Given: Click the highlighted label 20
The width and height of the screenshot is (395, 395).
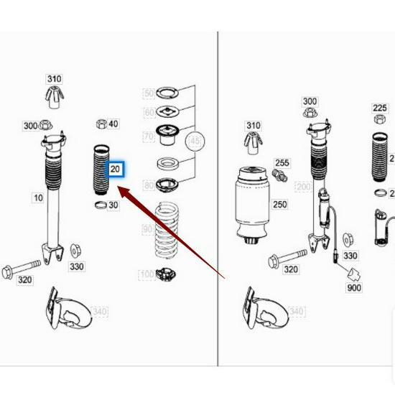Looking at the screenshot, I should click(x=116, y=170).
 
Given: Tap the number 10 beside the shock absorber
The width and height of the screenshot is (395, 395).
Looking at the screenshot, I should click(x=37, y=197).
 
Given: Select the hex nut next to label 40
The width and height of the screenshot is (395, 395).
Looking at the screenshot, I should click(x=101, y=124).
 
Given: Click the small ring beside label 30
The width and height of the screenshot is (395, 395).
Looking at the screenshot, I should click(x=100, y=206).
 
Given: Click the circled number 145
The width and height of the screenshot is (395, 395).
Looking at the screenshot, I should click(x=195, y=141).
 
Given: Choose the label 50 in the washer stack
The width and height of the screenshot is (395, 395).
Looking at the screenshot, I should click(x=149, y=94).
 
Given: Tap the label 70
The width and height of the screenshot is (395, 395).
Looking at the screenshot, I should click(x=149, y=136).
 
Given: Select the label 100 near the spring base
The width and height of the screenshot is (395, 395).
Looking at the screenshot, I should click(x=147, y=274).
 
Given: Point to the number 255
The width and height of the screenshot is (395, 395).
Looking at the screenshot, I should click(x=282, y=163).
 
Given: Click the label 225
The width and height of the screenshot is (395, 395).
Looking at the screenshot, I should click(x=380, y=108).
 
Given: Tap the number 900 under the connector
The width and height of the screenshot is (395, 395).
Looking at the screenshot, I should click(x=354, y=288).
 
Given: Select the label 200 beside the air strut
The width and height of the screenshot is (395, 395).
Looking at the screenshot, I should click(x=302, y=187).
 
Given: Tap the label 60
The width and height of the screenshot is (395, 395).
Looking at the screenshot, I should click(x=149, y=113).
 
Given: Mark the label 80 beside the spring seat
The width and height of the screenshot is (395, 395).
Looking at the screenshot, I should click(x=149, y=186).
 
